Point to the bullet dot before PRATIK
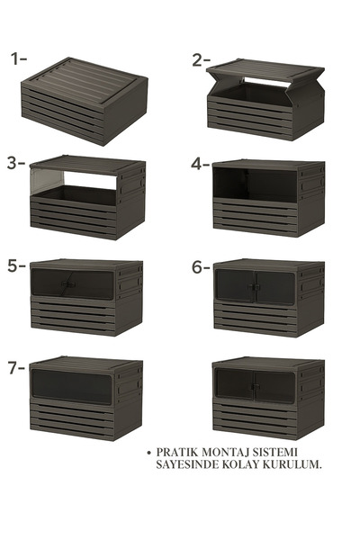coord(148,453)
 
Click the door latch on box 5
coord(68,284)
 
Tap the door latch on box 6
coord(254,286)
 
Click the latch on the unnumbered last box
coord(255,386)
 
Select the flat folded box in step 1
coord(85,101)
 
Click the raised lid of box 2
coord(265,70)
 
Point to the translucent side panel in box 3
coord(47,180)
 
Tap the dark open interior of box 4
coord(255,184)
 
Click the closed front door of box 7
coord(72,387)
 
